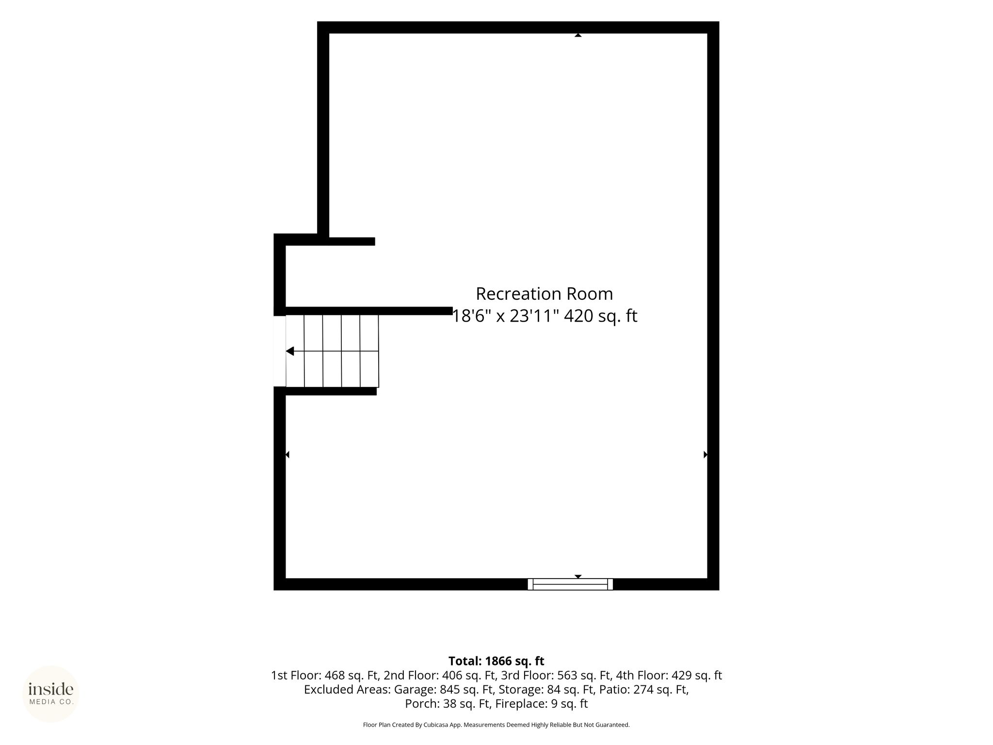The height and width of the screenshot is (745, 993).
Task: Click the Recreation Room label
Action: (544, 294)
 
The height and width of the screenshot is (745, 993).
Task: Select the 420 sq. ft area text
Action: (600, 316)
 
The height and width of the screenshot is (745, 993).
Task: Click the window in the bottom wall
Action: (570, 584)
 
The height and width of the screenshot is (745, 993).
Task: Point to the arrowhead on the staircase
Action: (290, 351)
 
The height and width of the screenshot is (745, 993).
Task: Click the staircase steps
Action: (332, 351)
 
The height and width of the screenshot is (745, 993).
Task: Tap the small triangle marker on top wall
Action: (578, 35)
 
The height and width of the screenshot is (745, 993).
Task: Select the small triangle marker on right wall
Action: (705, 454)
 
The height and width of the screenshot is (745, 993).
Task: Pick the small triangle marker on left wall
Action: (288, 454)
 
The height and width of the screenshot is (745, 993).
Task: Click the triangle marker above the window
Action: (578, 577)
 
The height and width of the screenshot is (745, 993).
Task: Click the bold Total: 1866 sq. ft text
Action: (496, 661)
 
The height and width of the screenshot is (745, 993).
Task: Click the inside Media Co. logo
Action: (51, 694)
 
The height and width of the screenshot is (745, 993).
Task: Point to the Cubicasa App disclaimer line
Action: (496, 725)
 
